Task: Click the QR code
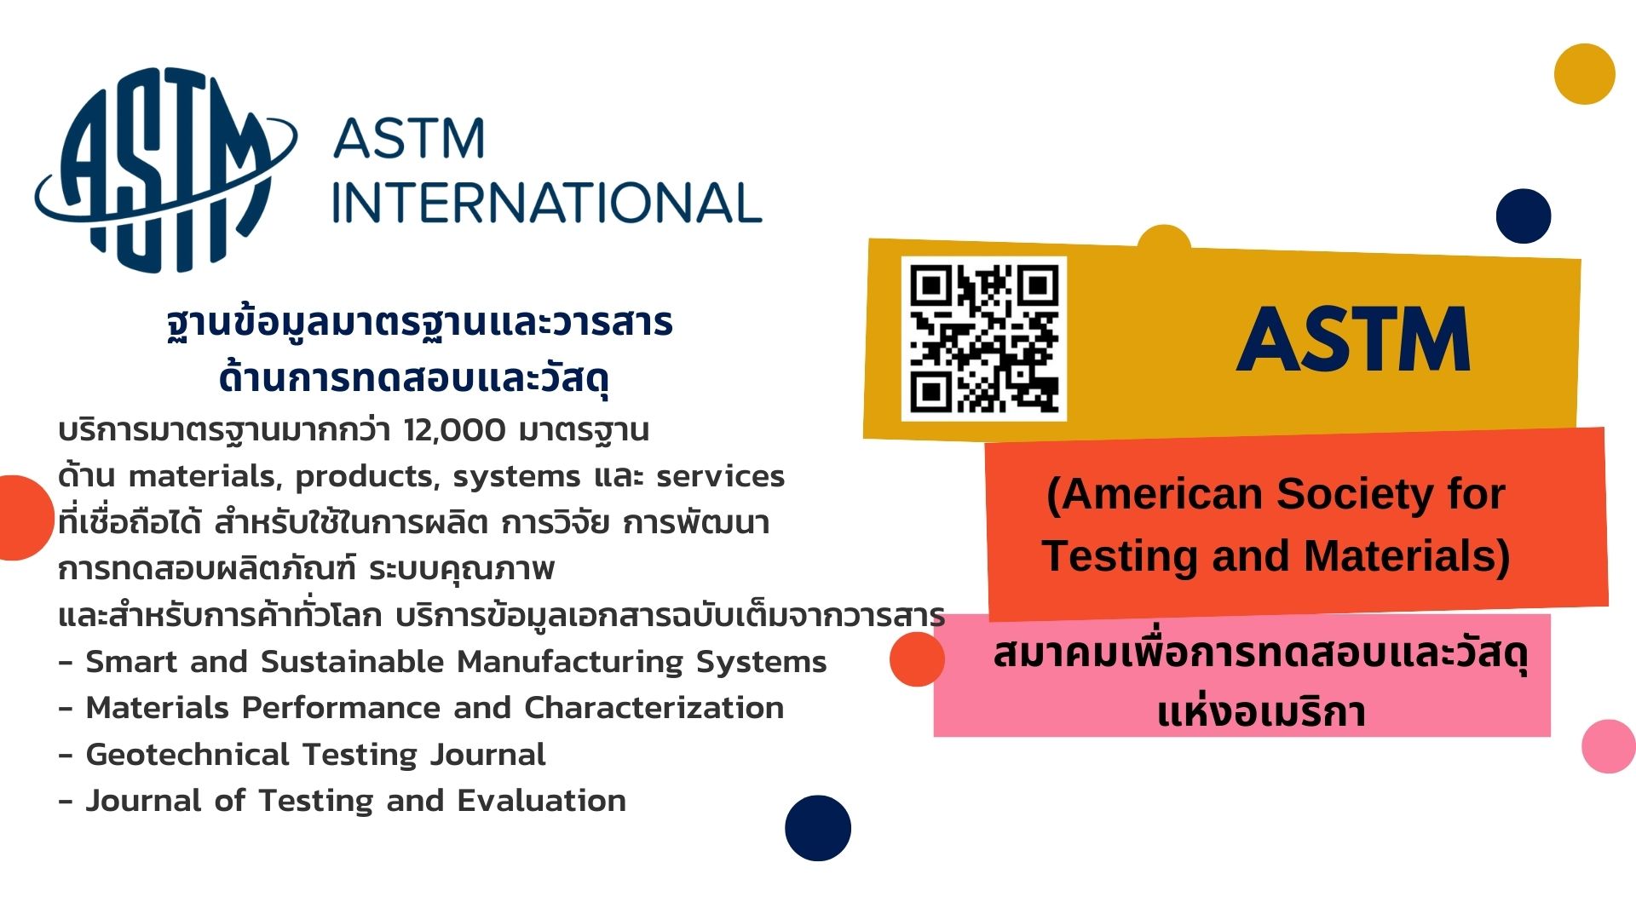coord(984,338)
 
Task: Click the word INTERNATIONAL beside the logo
coord(546,203)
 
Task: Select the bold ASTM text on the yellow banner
coord(1354,340)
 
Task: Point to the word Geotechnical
coord(187,754)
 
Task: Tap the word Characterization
coord(654,708)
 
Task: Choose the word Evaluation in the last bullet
coord(541,801)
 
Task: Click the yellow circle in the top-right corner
coord(1585,74)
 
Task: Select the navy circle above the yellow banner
coord(1524,216)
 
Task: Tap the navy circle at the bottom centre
coord(818,828)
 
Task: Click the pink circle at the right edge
coord(1609,746)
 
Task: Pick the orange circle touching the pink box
coord(917,658)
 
